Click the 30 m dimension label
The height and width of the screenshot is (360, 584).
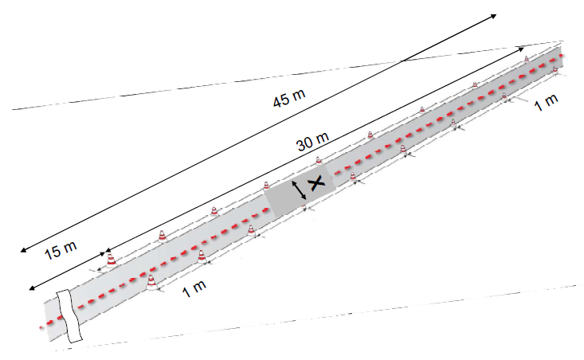(x=313, y=141)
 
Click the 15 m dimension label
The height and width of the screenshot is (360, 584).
(x=61, y=250)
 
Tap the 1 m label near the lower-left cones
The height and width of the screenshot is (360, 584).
(x=194, y=288)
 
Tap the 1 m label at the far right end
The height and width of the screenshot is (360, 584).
(x=546, y=102)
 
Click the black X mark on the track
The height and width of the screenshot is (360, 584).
(x=316, y=183)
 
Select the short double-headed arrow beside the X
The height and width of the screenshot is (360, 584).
(x=299, y=190)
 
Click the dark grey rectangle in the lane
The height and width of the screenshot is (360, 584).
(x=300, y=190)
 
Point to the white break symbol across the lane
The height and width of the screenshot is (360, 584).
(x=69, y=315)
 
